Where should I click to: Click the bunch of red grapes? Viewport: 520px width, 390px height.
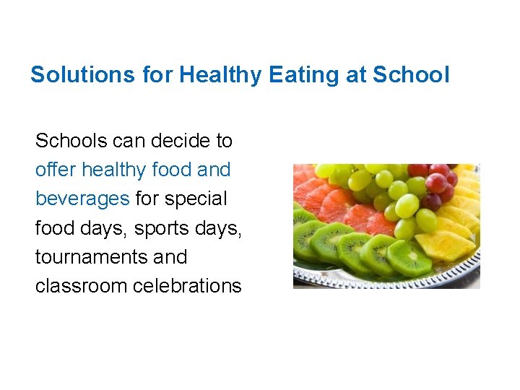(436, 185)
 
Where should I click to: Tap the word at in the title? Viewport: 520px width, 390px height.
(356, 74)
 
